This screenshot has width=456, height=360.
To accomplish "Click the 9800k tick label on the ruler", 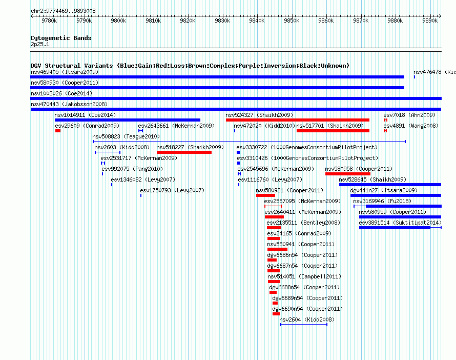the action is (x=118, y=21).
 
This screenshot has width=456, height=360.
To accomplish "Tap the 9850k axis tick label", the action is (x=292, y=21).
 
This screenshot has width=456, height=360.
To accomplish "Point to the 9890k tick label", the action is (x=430, y=21).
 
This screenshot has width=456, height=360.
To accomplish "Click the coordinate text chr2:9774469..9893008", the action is (x=63, y=11).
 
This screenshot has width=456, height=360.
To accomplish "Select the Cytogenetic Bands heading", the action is (x=61, y=38).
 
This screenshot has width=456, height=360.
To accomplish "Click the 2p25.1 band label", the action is (x=40, y=44).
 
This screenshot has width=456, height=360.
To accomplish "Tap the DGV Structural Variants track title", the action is (x=190, y=66).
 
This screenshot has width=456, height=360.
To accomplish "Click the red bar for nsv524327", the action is (x=298, y=120).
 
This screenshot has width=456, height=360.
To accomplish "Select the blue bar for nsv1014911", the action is (x=128, y=120).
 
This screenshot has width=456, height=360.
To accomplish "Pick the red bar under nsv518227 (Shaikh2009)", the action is (x=184, y=152).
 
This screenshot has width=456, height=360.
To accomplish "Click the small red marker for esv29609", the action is (x=58, y=131).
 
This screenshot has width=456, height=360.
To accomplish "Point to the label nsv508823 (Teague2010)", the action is (x=126, y=136).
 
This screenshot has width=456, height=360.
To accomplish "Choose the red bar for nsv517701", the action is (x=333, y=131).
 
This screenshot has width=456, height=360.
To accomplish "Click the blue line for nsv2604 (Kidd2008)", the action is (x=304, y=325).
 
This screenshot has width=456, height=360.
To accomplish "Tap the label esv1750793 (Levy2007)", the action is (x=172, y=190).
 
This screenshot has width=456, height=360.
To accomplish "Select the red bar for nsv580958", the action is (x=348, y=174).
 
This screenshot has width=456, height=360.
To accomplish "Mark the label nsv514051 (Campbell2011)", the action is (x=304, y=276).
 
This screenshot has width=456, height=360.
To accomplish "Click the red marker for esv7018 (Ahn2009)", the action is (x=385, y=120).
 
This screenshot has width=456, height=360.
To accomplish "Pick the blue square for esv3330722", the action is (x=238, y=152).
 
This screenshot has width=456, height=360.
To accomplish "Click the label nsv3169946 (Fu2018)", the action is (x=382, y=201).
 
